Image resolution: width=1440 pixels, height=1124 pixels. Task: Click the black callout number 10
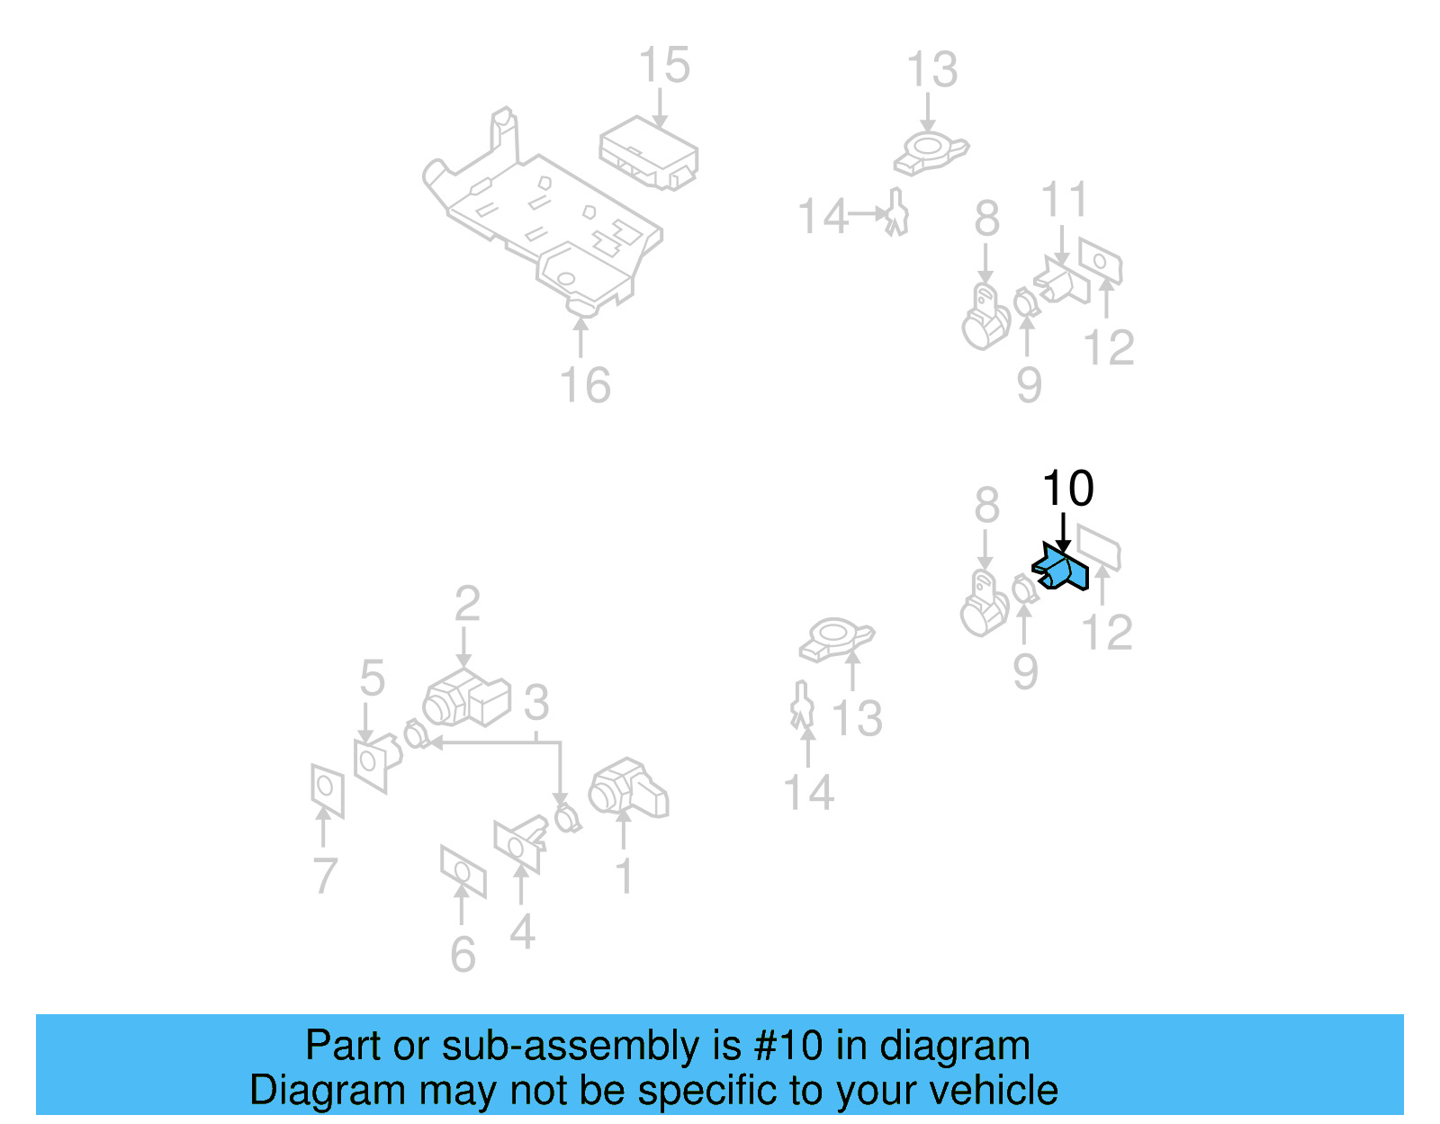(x=1067, y=490)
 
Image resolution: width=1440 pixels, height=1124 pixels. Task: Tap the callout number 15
(x=663, y=67)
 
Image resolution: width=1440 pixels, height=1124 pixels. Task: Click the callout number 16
(x=585, y=386)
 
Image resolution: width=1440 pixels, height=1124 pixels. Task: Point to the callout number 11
(x=1064, y=201)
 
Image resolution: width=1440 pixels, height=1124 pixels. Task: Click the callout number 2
(x=467, y=604)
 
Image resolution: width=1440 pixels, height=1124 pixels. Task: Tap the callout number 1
(x=624, y=876)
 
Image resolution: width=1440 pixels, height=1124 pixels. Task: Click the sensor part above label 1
(x=627, y=789)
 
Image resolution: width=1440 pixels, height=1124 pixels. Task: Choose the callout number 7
(x=325, y=875)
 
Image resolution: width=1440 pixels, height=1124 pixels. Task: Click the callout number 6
(x=463, y=955)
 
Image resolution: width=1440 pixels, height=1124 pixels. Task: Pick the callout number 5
(x=372, y=678)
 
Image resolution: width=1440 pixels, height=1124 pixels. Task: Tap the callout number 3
(x=536, y=702)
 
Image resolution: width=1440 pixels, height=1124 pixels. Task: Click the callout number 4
(x=522, y=931)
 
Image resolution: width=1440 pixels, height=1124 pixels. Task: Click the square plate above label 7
(x=328, y=789)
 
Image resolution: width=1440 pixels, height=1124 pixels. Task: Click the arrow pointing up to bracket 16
(x=580, y=337)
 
